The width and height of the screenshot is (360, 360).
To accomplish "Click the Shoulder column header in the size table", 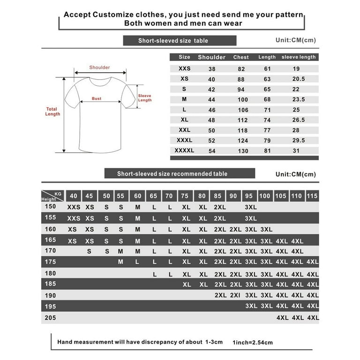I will pos(211,57).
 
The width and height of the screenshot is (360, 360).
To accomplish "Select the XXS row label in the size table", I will pos(185,68).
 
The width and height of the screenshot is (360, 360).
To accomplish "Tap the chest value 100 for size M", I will pos(242,99).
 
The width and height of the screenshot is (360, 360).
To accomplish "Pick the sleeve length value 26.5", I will pos(299,120).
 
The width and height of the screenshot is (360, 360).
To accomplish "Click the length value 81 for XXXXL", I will pos(267,150).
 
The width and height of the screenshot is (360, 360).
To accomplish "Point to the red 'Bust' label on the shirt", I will pos(96,99).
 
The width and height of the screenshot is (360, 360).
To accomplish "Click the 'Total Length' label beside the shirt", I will pos(52,112).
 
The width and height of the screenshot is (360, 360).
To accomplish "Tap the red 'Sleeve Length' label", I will pos(145,98).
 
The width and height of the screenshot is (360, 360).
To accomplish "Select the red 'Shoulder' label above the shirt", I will pos(99,67).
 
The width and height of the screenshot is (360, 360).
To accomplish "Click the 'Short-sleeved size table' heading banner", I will pos(173,41).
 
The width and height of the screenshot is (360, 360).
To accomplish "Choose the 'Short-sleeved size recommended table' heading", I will pos(172,174).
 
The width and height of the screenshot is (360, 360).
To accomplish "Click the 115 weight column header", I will pos(312,196).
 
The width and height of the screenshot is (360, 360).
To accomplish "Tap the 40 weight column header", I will pos(74,196).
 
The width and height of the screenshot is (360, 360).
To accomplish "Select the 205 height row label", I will pos(50,318).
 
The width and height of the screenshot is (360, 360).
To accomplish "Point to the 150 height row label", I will pos(50,207).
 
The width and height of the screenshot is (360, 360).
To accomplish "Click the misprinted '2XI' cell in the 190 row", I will pos(235,295).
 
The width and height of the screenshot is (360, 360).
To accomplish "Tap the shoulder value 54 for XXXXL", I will pos(211,150).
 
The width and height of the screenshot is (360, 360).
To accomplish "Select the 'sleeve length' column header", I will pos(299,57).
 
